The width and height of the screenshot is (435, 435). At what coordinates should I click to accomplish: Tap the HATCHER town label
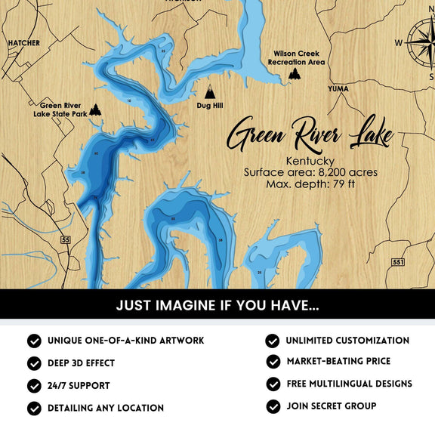coord(23,43)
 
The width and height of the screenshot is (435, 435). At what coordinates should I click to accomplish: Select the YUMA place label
coord(338,88)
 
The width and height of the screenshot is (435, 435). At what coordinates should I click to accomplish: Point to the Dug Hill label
coord(210,106)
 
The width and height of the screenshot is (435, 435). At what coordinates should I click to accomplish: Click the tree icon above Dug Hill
coord(210,92)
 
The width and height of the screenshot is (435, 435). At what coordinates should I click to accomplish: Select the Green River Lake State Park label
coord(60,110)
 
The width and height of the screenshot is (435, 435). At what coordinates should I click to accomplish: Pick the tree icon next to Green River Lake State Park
coord(96,110)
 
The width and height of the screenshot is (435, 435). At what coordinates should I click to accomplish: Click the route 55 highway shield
coord(66,239)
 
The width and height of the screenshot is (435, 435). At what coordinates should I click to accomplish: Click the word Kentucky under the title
coord(310,161)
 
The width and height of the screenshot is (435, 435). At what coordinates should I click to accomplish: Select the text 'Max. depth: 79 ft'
coord(310,184)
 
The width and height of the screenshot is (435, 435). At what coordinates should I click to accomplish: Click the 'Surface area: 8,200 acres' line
coord(310,172)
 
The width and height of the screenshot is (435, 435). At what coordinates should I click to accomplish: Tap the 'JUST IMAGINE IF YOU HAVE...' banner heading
coord(217,306)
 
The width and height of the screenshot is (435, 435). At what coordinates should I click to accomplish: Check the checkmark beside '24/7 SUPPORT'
coord(34,386)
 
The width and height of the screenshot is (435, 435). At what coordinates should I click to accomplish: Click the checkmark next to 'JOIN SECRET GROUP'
coord(273,406)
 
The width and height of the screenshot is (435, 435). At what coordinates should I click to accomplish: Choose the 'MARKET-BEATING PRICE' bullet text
coord(344,362)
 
